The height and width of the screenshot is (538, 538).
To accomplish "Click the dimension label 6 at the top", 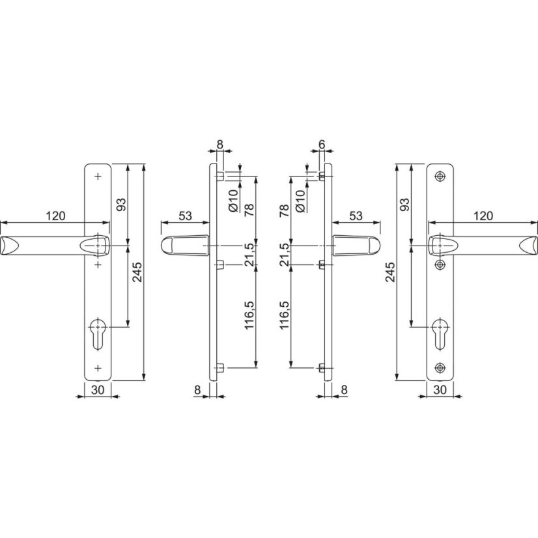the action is [x=322, y=145].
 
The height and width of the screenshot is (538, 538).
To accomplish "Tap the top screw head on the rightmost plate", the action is [x=440, y=177].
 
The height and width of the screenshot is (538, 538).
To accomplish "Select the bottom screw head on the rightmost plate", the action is [x=440, y=368].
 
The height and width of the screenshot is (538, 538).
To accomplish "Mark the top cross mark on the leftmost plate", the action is [x=98, y=177].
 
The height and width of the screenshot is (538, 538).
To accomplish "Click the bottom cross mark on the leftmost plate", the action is [x=98, y=368].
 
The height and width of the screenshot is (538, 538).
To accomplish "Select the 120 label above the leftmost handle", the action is [x=55, y=216].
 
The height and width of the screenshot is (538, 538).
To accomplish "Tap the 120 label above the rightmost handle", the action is [x=483, y=216].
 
